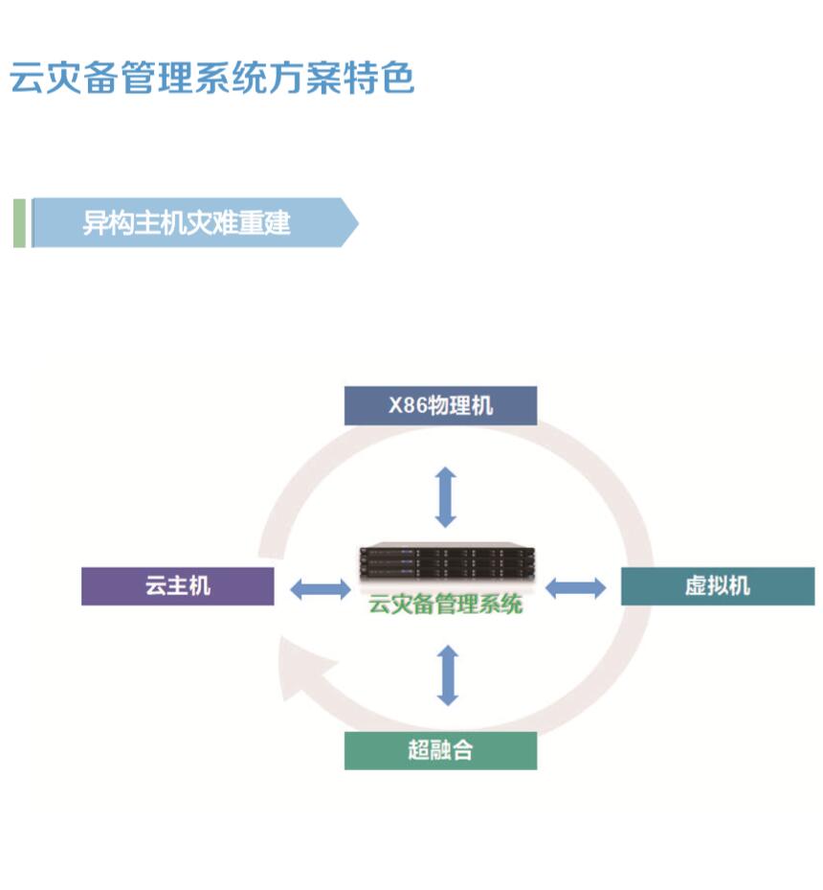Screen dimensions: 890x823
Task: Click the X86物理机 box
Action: coord(440,405)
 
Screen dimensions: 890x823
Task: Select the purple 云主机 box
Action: coord(177,585)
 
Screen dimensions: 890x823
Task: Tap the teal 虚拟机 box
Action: coord(718,585)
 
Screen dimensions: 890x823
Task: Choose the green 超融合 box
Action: coord(440,750)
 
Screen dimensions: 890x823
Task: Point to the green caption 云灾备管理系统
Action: coord(446,605)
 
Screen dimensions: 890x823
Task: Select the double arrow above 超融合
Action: coord(447,675)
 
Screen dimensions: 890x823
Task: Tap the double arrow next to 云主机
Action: coord(320,588)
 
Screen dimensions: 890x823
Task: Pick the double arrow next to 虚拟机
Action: coord(575,587)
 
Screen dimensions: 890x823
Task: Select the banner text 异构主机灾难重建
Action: coord(186,223)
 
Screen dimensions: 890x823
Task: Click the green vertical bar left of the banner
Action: coord(19,223)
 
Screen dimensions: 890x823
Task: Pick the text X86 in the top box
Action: coord(407,405)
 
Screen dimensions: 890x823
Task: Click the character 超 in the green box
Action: coord(419,750)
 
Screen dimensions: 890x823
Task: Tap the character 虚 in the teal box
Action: coord(696,585)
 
